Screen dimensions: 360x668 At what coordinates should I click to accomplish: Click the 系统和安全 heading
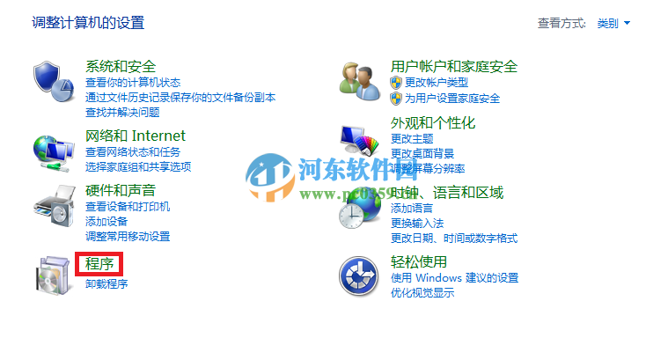point(121,67)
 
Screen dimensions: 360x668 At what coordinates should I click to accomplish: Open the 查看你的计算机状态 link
point(133,83)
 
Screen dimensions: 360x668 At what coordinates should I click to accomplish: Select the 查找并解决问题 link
point(122,113)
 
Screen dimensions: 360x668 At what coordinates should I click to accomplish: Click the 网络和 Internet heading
point(136,136)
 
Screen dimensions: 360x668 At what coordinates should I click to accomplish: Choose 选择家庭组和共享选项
point(138,166)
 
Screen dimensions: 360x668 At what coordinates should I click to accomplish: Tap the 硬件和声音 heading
point(121,191)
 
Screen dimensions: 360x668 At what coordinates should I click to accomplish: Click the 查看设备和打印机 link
point(128,207)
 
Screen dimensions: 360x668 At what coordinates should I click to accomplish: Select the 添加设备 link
point(106,222)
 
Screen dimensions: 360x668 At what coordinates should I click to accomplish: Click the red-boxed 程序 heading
point(99,263)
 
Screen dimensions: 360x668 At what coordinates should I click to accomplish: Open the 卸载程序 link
point(106,283)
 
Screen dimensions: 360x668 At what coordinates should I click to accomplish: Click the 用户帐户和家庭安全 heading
point(454,67)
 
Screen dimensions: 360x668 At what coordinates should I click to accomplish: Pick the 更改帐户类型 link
point(431,83)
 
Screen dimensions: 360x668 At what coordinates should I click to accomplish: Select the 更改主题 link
point(412,139)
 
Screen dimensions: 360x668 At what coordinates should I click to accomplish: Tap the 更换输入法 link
point(417,224)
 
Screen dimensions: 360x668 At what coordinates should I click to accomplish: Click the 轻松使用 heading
point(419,262)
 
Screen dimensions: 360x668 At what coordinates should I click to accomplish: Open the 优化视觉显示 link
point(422,293)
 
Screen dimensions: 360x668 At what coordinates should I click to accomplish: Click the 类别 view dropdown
point(613,24)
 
